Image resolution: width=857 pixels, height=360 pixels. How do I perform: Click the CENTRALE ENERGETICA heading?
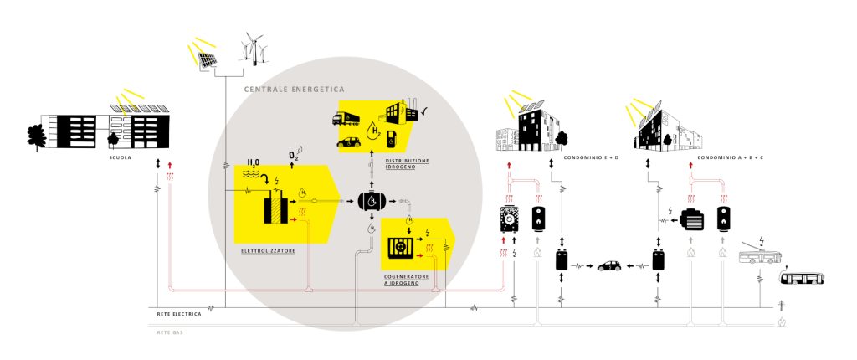coord(294,89)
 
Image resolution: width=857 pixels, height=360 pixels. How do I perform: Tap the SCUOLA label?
coord(121,157)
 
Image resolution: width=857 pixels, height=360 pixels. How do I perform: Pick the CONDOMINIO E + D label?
coord(588,157)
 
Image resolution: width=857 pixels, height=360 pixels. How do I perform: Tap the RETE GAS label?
coord(169,332)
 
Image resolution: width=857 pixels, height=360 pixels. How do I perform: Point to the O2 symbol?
coord(294,156)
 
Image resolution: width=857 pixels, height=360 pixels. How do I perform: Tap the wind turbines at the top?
coord(256,48)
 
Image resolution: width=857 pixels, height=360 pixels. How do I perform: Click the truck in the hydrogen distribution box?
coord(352,118)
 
